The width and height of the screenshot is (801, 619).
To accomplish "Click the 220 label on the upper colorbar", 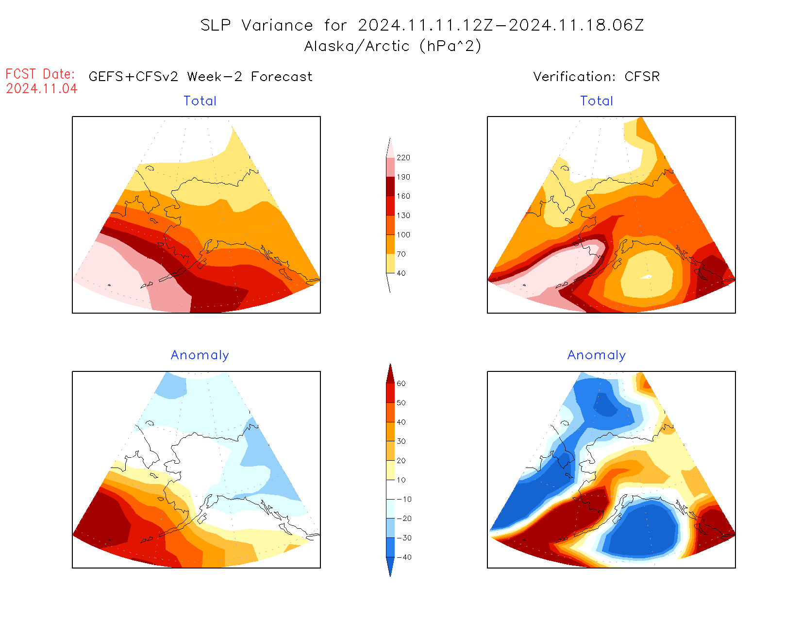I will coord(403,158).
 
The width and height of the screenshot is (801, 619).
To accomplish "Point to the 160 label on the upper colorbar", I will coord(403,196).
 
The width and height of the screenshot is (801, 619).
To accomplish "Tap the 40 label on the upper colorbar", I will coord(401,273).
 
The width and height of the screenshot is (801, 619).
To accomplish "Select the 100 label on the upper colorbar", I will coord(403,235).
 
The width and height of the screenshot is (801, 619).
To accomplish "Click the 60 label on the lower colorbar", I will coord(401,384).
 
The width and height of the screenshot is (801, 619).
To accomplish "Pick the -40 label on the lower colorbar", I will coord(404,557).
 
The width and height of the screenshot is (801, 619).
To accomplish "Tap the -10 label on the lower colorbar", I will coord(404,500).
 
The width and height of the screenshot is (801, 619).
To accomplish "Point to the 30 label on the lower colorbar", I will coord(401,441).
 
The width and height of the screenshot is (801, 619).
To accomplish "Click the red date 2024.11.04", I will coord(42,89).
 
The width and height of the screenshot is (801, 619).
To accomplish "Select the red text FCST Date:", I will coord(40,74).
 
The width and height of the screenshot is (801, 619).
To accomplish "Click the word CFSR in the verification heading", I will coord(642,77).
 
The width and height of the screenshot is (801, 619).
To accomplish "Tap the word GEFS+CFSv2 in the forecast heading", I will coord(133,77).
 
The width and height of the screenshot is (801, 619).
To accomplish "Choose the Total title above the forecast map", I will coord(200,101).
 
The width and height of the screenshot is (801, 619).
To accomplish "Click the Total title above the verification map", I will coord(597,101).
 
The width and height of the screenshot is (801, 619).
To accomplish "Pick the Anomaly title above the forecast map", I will coord(200,355).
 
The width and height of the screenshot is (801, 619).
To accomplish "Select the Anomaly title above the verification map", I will coord(597,355).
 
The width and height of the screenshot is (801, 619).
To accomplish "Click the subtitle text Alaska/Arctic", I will coord(357,46).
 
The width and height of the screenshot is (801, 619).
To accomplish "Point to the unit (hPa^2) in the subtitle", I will coord(451,46).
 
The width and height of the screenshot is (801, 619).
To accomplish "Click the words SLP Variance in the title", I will coord(257,25).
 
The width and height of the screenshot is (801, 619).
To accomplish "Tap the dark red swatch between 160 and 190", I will coord(390,186).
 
